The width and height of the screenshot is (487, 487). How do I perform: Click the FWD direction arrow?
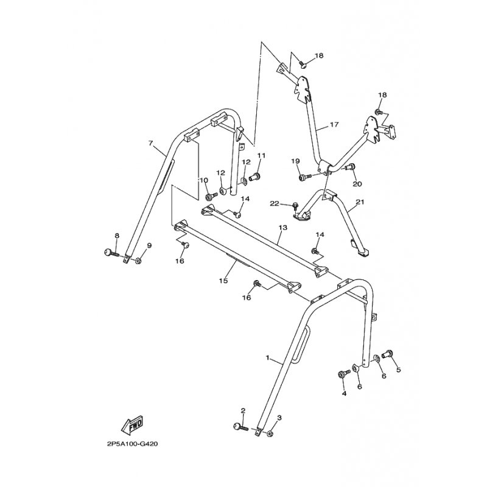[x=132, y=424]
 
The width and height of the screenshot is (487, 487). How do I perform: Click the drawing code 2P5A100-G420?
[x=132, y=444]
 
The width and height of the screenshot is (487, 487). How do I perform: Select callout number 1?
[x=268, y=358]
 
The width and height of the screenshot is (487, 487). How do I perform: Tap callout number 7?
[x=150, y=143]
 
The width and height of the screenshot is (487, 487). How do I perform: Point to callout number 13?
[x=283, y=228]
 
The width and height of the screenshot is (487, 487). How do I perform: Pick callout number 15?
[x=223, y=281]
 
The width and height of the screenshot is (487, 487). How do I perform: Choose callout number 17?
[x=334, y=125]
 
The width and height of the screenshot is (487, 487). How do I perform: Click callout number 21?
[x=360, y=202]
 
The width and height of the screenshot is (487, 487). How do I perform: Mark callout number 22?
[x=275, y=203]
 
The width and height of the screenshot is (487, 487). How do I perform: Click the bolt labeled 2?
[x=240, y=427]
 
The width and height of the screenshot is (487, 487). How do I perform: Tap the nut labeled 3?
[x=270, y=434]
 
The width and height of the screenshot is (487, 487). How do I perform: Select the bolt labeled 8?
[x=111, y=252]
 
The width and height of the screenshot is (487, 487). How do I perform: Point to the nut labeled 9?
[x=139, y=261]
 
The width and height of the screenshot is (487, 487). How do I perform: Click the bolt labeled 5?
[x=388, y=354]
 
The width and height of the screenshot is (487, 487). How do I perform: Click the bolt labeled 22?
[x=295, y=206]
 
